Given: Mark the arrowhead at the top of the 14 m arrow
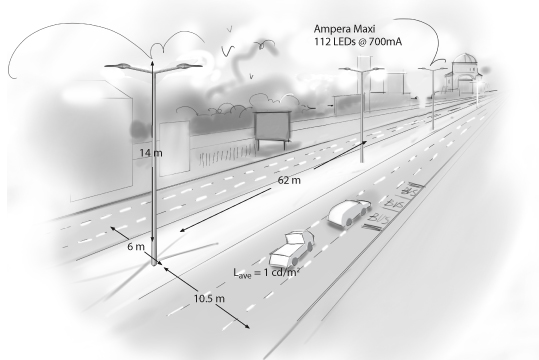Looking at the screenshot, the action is (152, 62).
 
